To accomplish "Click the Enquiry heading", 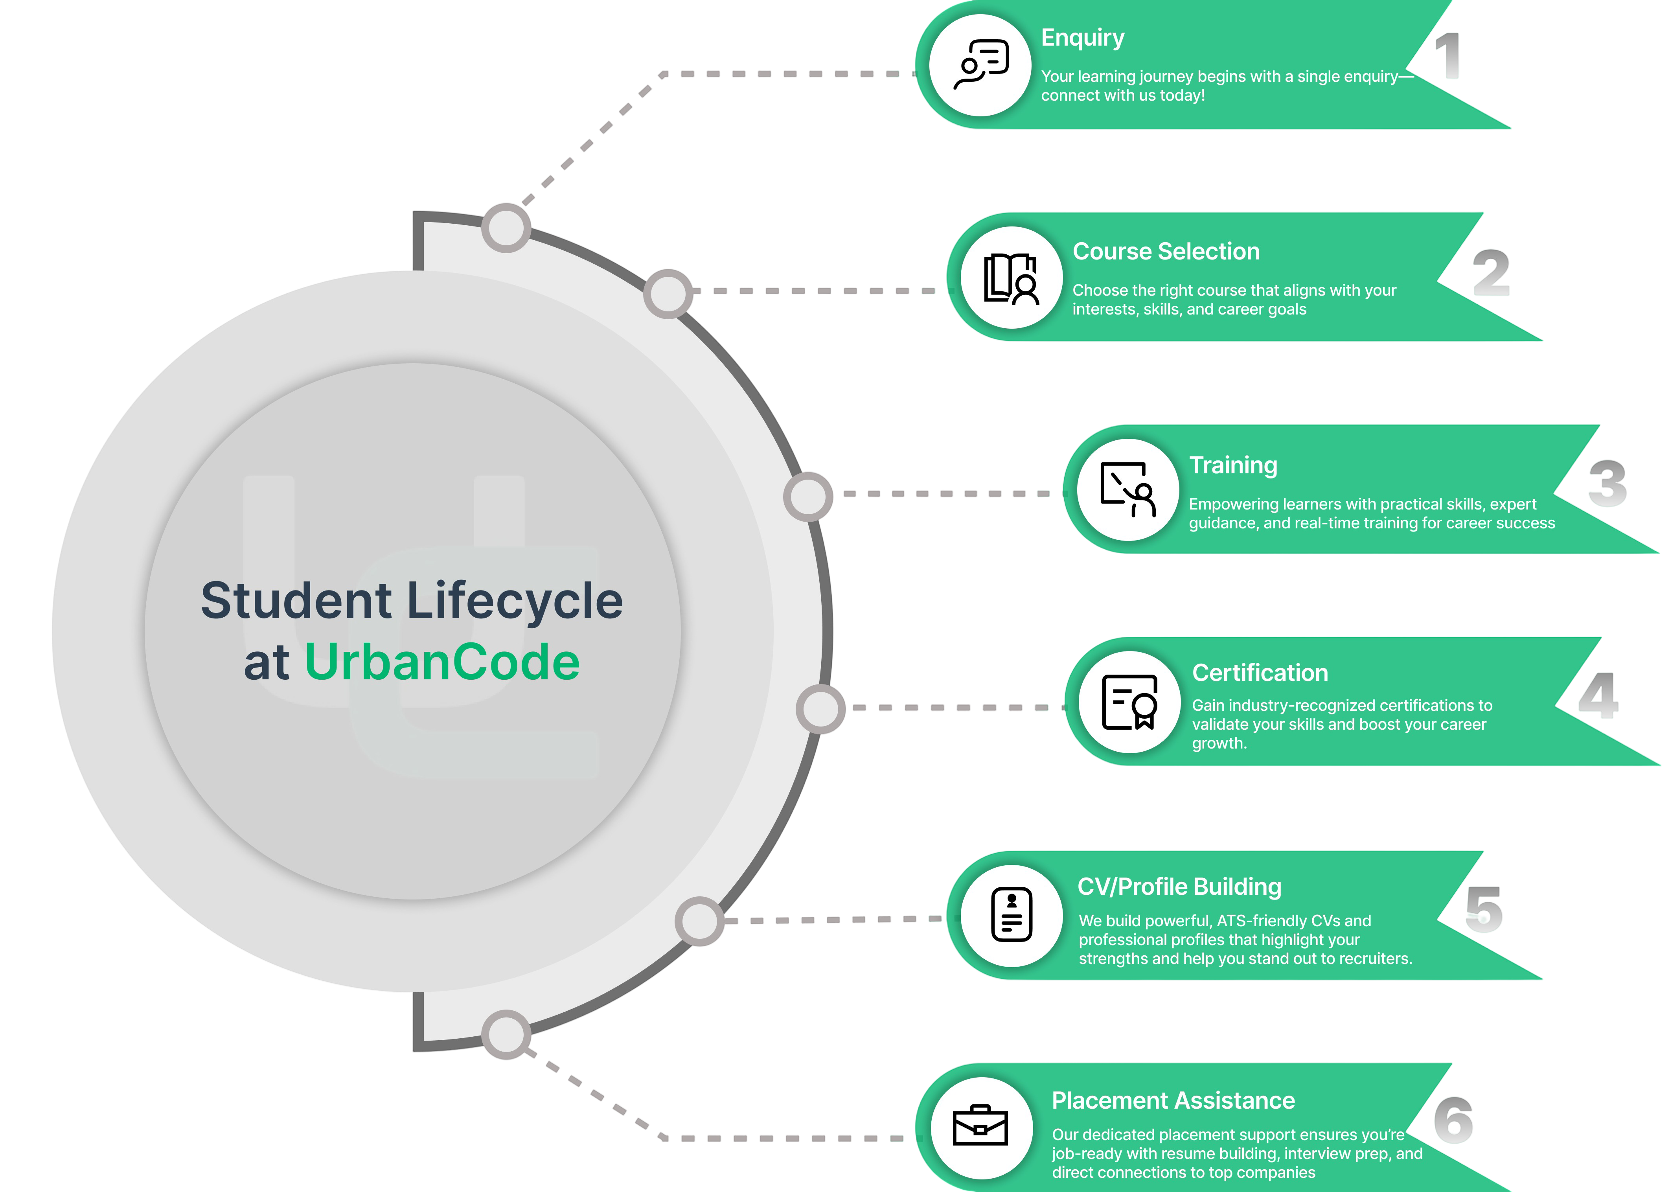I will [1082, 38].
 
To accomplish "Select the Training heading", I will [1233, 465].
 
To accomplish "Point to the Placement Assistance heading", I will [1173, 1101].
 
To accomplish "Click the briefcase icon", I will [980, 1125].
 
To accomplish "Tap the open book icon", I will [1011, 278].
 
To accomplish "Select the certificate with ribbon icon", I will [1130, 702].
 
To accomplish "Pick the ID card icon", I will [1011, 914].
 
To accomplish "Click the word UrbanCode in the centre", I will [442, 662].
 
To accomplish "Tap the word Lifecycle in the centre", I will [514, 600].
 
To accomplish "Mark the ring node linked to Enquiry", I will [506, 228].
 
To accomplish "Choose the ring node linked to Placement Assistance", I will [506, 1034].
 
